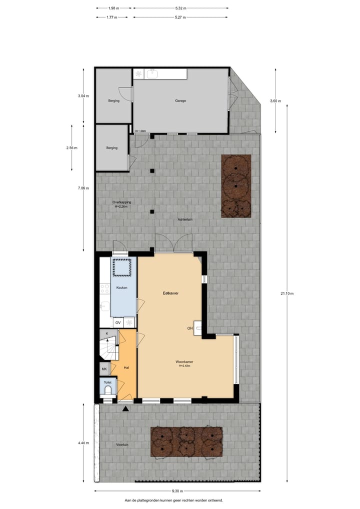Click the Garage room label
(x=180, y=100)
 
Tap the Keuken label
(x=121, y=288)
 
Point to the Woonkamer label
(x=184, y=361)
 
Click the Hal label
(x=126, y=367)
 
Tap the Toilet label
(x=107, y=382)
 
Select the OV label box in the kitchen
(x=118, y=323)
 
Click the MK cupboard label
(x=104, y=369)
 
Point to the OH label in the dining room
(x=190, y=328)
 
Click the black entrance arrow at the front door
(x=125, y=408)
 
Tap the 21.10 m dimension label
(x=287, y=294)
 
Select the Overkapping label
(x=122, y=202)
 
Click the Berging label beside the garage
(x=113, y=100)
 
